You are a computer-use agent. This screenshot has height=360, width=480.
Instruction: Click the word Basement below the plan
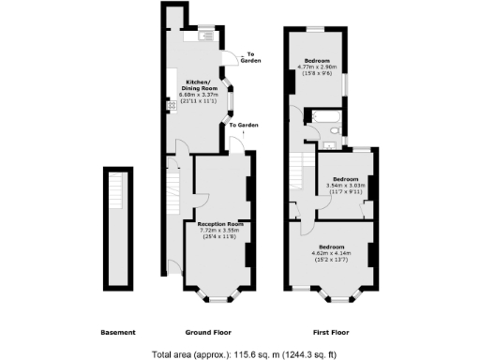118,333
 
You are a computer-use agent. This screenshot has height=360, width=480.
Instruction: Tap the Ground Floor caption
208,333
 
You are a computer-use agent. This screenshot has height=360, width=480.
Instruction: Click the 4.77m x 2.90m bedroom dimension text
318,67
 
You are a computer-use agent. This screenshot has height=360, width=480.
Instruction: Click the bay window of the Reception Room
217,298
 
